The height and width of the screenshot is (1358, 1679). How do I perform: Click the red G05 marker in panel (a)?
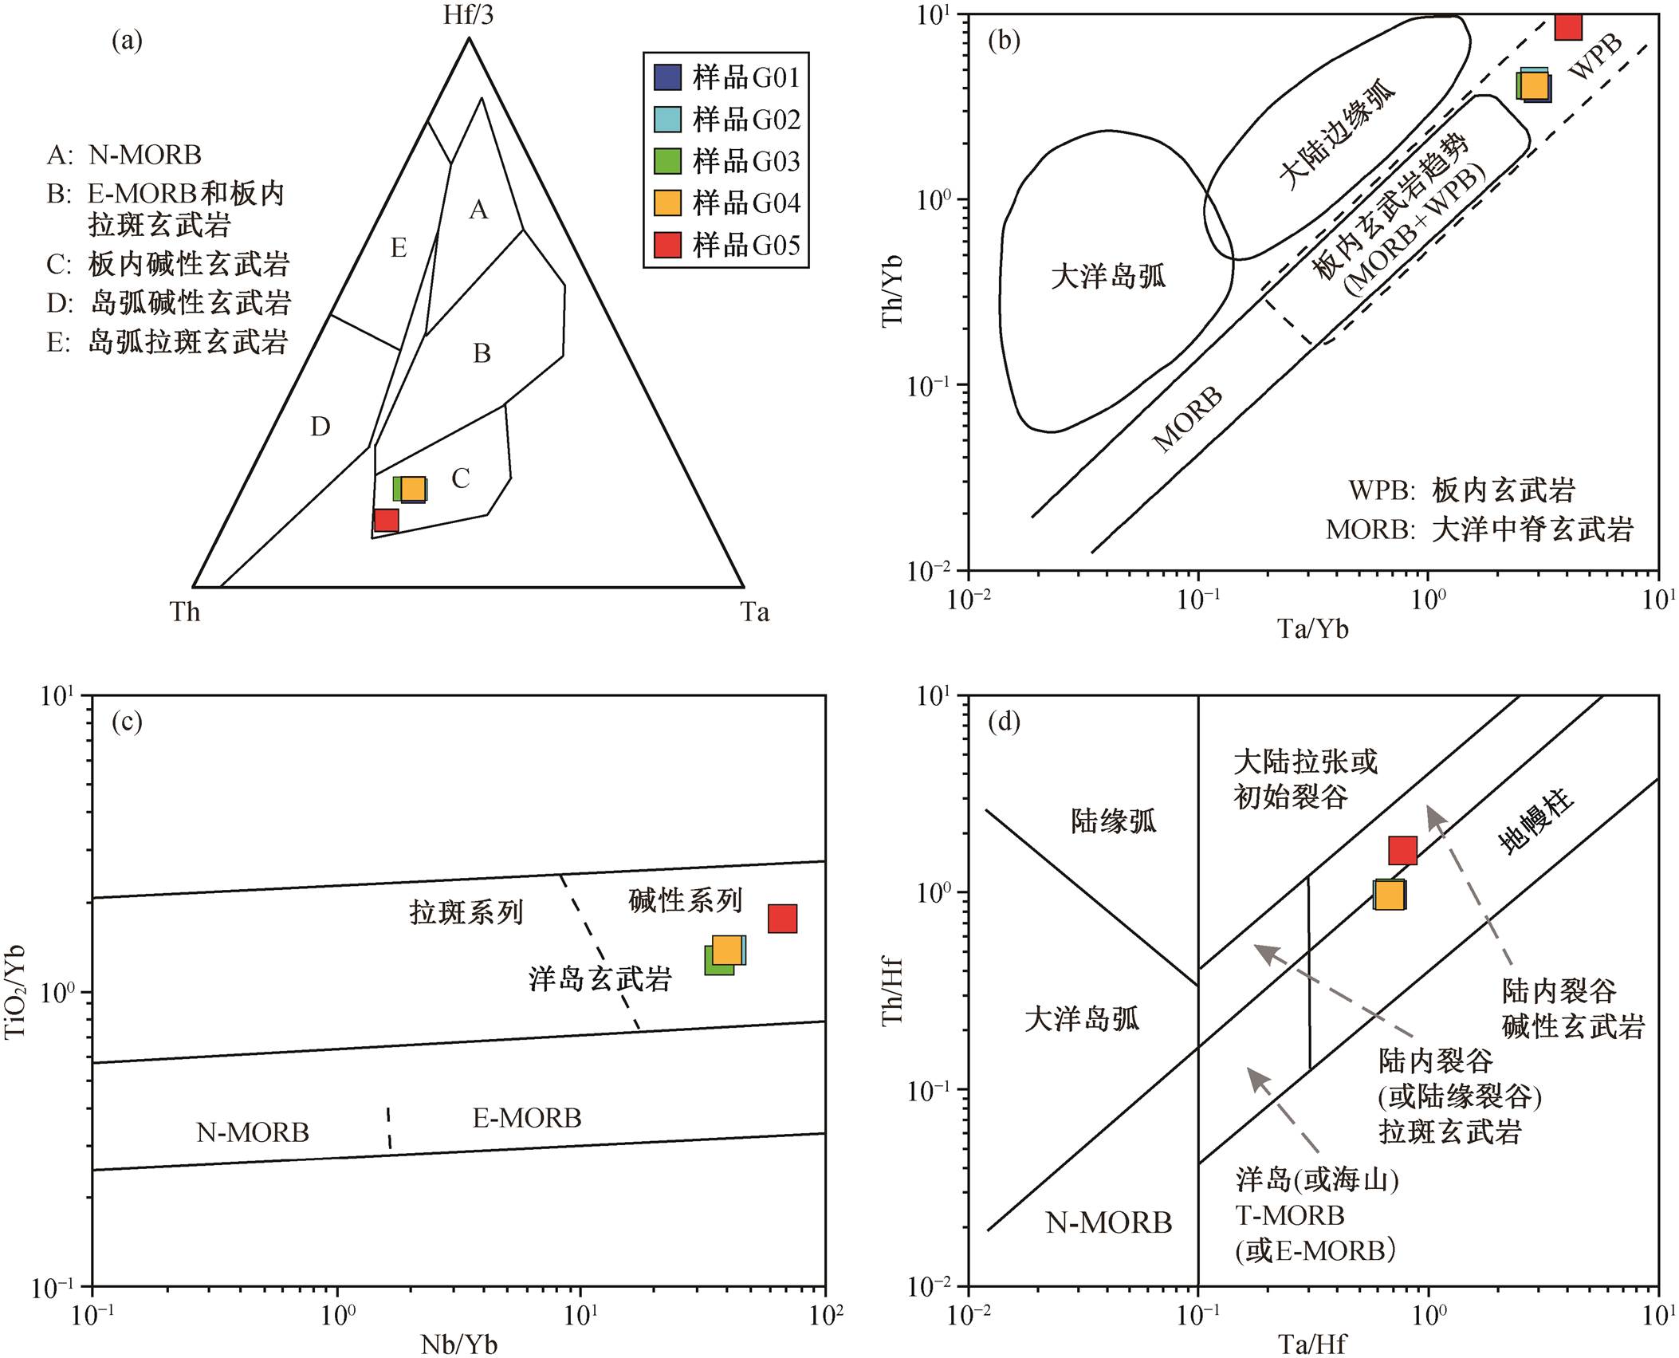387,520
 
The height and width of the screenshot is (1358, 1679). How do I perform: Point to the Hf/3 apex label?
468,15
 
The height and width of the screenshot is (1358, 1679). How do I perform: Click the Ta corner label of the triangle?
754,612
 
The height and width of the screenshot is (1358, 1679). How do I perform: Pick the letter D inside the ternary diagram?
320,427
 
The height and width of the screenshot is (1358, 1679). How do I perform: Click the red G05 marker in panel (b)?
1568,26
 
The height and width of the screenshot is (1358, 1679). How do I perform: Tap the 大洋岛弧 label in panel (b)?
1107,276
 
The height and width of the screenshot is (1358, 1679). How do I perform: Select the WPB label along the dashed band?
1595,57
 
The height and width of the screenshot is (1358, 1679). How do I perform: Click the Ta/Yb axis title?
1314,629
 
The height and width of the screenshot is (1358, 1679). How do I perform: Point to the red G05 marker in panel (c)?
783,919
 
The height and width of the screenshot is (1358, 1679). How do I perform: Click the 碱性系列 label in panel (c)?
686,900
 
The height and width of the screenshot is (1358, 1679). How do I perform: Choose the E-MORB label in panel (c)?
527,1118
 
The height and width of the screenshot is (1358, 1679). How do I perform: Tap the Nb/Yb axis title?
459,1344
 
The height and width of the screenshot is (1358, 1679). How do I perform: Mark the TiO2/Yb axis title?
15,992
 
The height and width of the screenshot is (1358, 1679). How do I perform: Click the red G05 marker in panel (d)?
1403,851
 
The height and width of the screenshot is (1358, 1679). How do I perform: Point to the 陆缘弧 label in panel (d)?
1113,821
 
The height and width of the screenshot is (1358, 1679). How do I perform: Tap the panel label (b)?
1004,40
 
